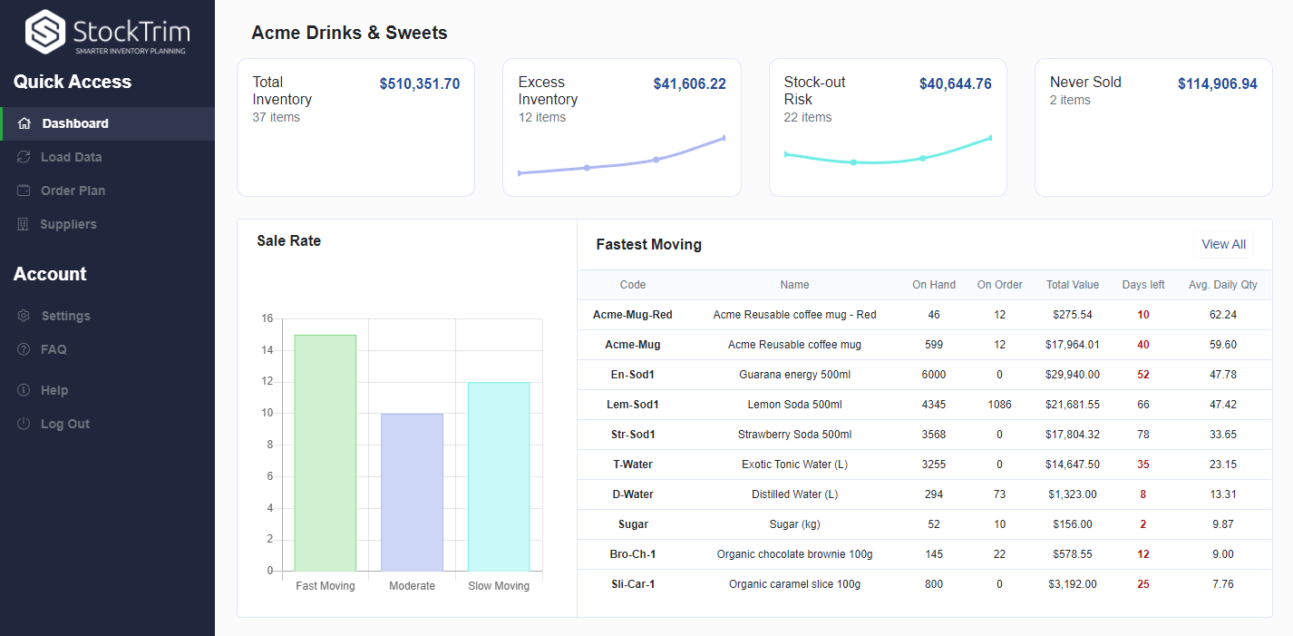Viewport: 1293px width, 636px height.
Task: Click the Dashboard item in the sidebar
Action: point(74,123)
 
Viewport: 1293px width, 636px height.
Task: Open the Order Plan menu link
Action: point(73,191)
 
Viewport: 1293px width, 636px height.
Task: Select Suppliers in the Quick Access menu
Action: point(68,224)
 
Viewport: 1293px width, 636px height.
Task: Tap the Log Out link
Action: point(64,424)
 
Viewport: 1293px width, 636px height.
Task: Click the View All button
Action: point(1223,244)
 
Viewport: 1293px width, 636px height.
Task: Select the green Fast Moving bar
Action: point(326,454)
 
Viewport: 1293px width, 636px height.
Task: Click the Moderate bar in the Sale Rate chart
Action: point(412,492)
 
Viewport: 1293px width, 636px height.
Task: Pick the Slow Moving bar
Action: point(499,476)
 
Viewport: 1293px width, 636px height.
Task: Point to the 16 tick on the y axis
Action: point(267,318)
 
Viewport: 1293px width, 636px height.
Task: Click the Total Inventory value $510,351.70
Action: point(419,84)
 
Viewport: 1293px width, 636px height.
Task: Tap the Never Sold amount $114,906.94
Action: point(1217,84)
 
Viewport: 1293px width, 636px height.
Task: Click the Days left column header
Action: point(1142,285)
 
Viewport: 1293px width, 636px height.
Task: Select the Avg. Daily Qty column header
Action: point(1222,285)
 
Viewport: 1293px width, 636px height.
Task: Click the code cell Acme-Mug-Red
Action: point(633,315)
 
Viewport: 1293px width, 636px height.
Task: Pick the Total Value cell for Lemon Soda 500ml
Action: point(1072,405)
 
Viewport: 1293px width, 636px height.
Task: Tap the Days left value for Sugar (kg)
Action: point(1142,524)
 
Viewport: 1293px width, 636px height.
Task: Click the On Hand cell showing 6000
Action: point(933,375)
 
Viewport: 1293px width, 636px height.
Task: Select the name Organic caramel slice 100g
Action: point(794,584)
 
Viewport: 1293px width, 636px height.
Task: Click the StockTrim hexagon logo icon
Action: point(45,33)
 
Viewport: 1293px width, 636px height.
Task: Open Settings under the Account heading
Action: point(65,316)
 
